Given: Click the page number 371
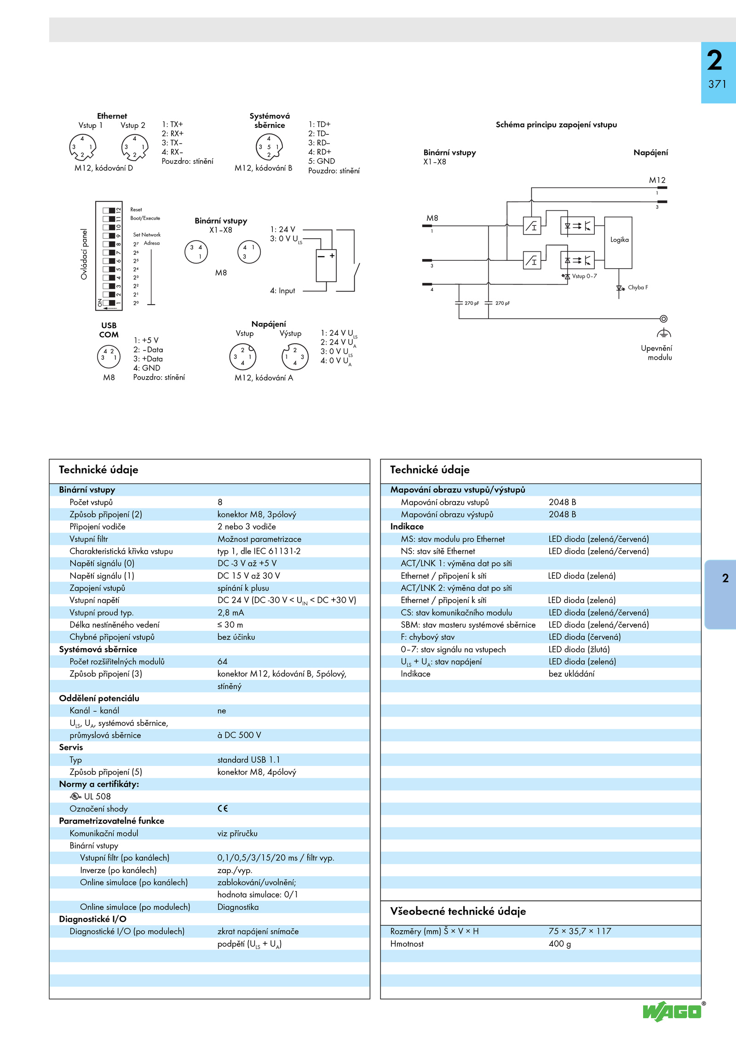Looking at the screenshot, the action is tap(717, 84).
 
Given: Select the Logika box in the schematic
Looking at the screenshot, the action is tap(618, 242).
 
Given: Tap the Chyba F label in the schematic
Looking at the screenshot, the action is tap(638, 288).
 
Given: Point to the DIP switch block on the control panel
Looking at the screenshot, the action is tap(109, 256).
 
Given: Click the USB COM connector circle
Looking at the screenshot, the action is tap(109, 357).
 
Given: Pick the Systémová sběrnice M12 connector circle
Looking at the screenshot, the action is tap(269, 147).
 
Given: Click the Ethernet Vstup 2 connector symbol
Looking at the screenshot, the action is tap(134, 147).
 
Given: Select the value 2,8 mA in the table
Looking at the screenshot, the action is tap(231, 612).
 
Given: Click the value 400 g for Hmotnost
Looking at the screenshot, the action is tap(560, 943).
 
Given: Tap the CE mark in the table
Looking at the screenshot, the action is tap(223, 808).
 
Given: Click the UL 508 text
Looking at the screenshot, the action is tap(97, 796).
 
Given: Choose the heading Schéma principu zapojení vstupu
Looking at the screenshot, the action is tap(556, 125).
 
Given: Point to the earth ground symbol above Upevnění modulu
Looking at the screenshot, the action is tap(664, 333).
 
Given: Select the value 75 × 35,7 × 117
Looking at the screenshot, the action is tap(580, 931).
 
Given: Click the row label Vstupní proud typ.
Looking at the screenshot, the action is tap(102, 613).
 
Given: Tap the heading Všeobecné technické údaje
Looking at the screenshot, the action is tap(458, 911).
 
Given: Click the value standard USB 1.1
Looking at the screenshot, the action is tap(248, 759).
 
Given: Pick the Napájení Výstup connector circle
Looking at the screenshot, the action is tap(295, 357).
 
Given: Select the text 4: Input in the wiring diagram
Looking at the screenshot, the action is tap(282, 291).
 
